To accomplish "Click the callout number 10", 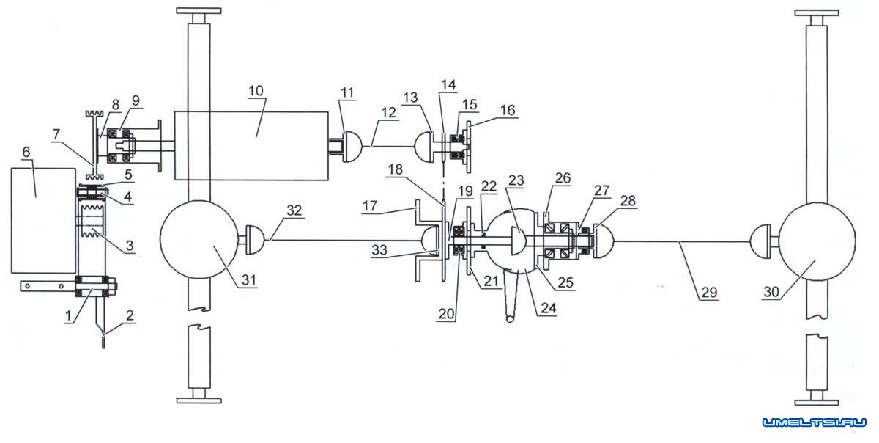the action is pos(256,91).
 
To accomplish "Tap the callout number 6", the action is pos(26,152).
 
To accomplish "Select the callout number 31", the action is pos(249,280).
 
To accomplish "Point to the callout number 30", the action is pos(771,292).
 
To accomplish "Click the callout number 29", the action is pos(709,293).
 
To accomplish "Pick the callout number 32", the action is pos(294,210).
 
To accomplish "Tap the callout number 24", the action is pos(549,308).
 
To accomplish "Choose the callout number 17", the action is pos(370,205).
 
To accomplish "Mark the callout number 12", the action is pos(388,113).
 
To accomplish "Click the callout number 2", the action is pos(130,315).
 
